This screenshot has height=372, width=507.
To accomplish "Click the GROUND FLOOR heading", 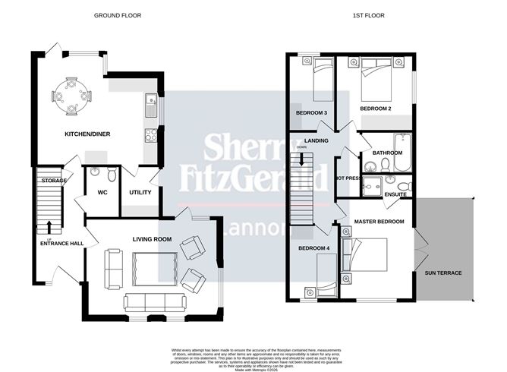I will (117, 15).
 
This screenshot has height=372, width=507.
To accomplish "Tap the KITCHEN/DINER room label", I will (87, 134).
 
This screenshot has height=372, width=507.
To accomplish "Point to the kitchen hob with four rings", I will (150, 136).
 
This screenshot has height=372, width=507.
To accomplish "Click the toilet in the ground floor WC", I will (111, 175).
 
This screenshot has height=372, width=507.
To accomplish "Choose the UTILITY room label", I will (140, 192).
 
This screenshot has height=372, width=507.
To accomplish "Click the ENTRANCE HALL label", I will (61, 244).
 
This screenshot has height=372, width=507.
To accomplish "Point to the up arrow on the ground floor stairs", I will (49, 225).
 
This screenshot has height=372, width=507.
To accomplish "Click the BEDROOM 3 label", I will (311, 113).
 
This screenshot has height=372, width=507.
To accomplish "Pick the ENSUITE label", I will (397, 194).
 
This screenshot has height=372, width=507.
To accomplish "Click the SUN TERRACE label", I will (443, 273).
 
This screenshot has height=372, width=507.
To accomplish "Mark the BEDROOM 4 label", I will (314, 249).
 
